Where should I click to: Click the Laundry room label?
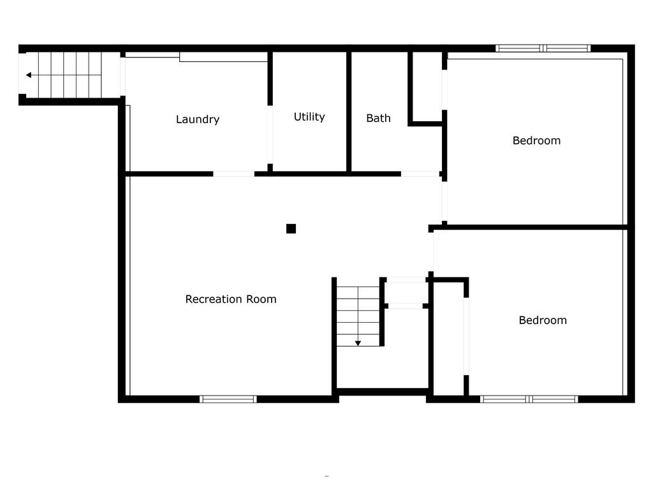[198, 119]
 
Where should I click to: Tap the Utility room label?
[309, 117]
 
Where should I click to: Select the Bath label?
[378, 118]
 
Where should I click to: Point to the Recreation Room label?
[231, 299]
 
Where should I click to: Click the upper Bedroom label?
[536, 140]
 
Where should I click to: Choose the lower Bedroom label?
[543, 320]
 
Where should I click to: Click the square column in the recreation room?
[291, 228]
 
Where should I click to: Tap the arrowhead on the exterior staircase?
[29, 75]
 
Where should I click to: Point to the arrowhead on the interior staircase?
[358, 343]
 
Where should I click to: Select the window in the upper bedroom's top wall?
[543, 48]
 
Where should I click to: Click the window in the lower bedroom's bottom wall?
[529, 399]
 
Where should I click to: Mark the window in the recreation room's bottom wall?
[228, 399]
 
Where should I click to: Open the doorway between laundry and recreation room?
[233, 174]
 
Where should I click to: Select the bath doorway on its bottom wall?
[420, 174]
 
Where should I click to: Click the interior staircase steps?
[358, 313]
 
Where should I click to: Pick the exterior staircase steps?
[70, 75]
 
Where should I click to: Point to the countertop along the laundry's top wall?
[223, 57]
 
